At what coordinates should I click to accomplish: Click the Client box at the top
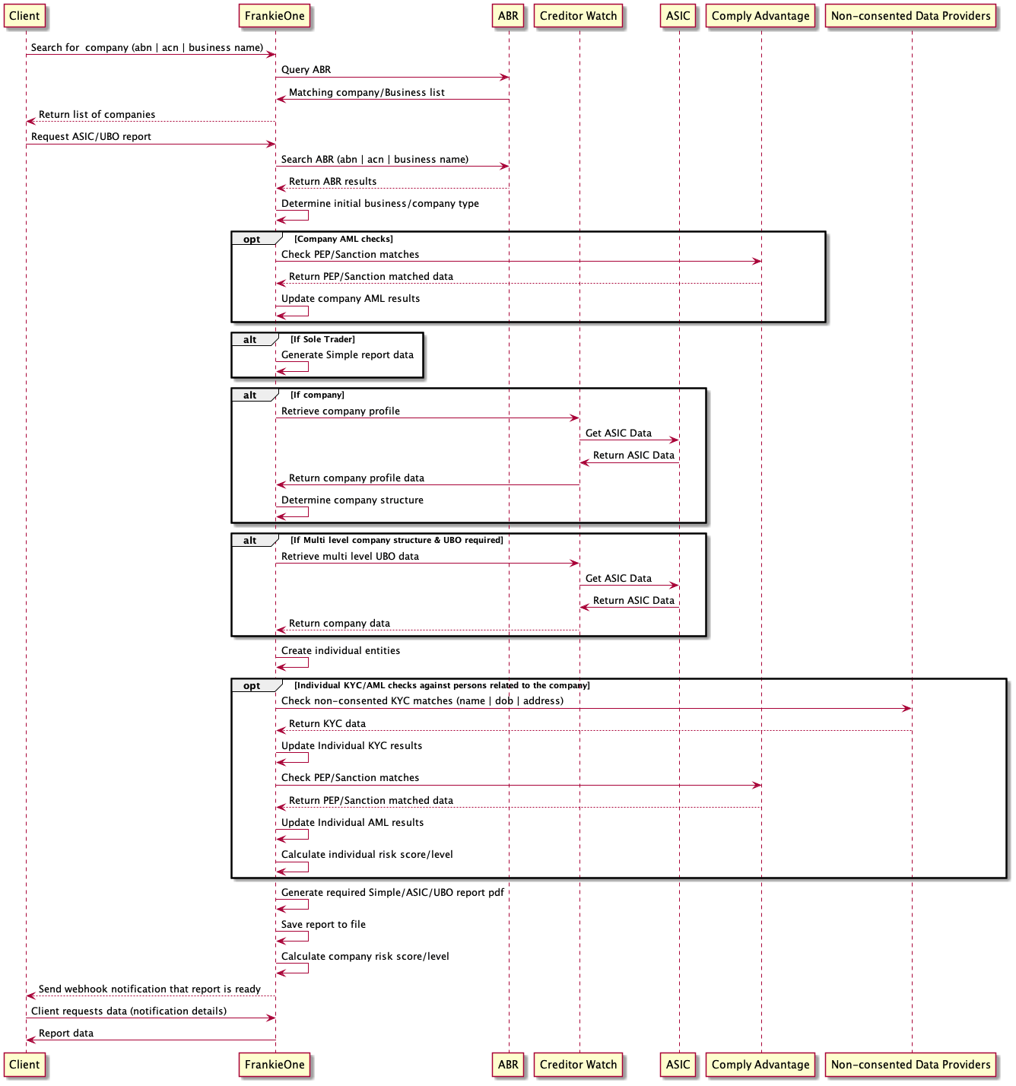coord(24,16)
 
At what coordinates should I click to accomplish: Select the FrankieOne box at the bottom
coord(275,1065)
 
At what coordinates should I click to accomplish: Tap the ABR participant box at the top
coord(508,16)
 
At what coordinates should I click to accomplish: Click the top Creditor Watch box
coord(578,16)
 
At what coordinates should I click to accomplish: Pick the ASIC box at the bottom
coord(678,1065)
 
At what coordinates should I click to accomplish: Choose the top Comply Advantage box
coord(760,16)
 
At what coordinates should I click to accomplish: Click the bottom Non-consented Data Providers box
coord(910,1065)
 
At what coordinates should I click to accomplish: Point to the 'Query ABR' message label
coord(306,70)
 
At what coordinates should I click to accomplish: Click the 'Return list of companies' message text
coord(97,115)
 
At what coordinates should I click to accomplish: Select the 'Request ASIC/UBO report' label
coord(90,137)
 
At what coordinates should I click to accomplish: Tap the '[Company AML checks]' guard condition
coord(344,239)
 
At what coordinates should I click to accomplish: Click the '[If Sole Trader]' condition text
coord(322,339)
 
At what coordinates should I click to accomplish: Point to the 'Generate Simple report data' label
coord(347,355)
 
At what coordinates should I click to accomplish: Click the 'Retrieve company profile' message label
coord(340,411)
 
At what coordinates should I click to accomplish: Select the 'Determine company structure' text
coord(352,500)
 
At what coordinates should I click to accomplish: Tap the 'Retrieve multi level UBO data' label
coord(350,557)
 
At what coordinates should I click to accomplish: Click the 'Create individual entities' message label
coord(340,651)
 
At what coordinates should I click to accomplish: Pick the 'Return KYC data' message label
coord(327,724)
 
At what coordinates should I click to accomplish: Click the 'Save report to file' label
coord(323,925)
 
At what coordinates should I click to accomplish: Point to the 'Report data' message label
coord(66,1034)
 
